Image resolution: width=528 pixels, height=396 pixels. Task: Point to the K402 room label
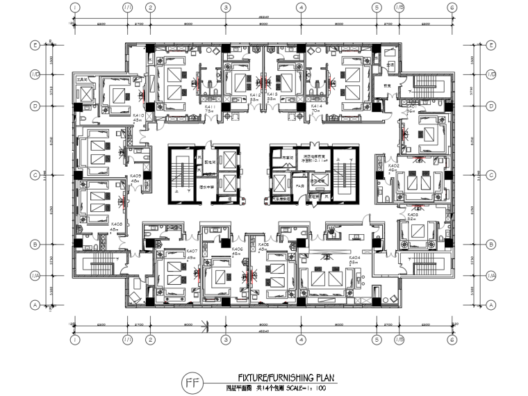(393, 167)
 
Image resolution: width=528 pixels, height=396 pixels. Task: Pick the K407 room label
(192, 251)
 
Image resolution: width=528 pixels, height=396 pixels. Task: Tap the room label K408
(117, 224)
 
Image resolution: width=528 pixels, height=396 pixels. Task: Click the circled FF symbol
(191, 383)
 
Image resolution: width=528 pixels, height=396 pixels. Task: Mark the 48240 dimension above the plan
(263, 16)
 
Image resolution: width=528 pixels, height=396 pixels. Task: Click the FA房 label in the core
(300, 187)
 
